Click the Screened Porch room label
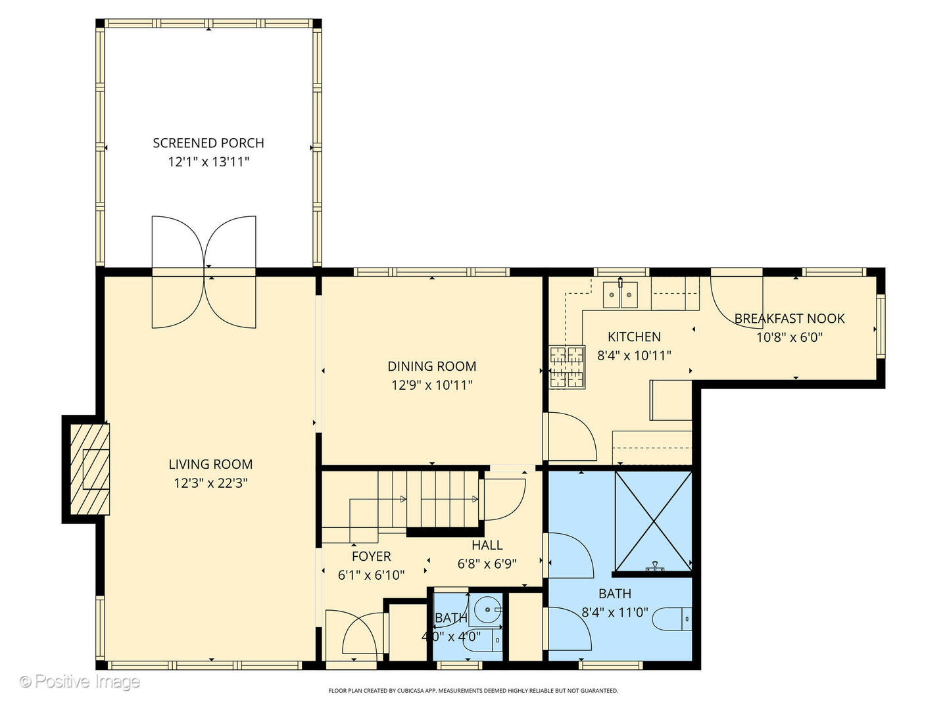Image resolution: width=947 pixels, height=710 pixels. tap(208, 143)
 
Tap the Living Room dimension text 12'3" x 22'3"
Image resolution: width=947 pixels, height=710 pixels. tap(210, 483)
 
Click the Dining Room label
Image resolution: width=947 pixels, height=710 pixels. tap(431, 366)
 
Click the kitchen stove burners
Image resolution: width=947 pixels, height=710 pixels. tap(567, 366)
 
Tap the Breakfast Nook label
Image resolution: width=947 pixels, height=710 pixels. tap(789, 318)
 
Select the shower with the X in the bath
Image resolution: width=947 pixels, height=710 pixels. tap(653, 520)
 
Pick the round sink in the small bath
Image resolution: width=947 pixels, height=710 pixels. tap(488, 609)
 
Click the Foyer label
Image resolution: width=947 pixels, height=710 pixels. tap(371, 556)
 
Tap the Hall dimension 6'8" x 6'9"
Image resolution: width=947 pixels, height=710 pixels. tap(487, 563)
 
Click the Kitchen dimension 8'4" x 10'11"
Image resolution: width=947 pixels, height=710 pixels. tap(634, 356)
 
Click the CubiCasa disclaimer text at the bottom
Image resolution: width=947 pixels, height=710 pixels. tap(473, 691)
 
